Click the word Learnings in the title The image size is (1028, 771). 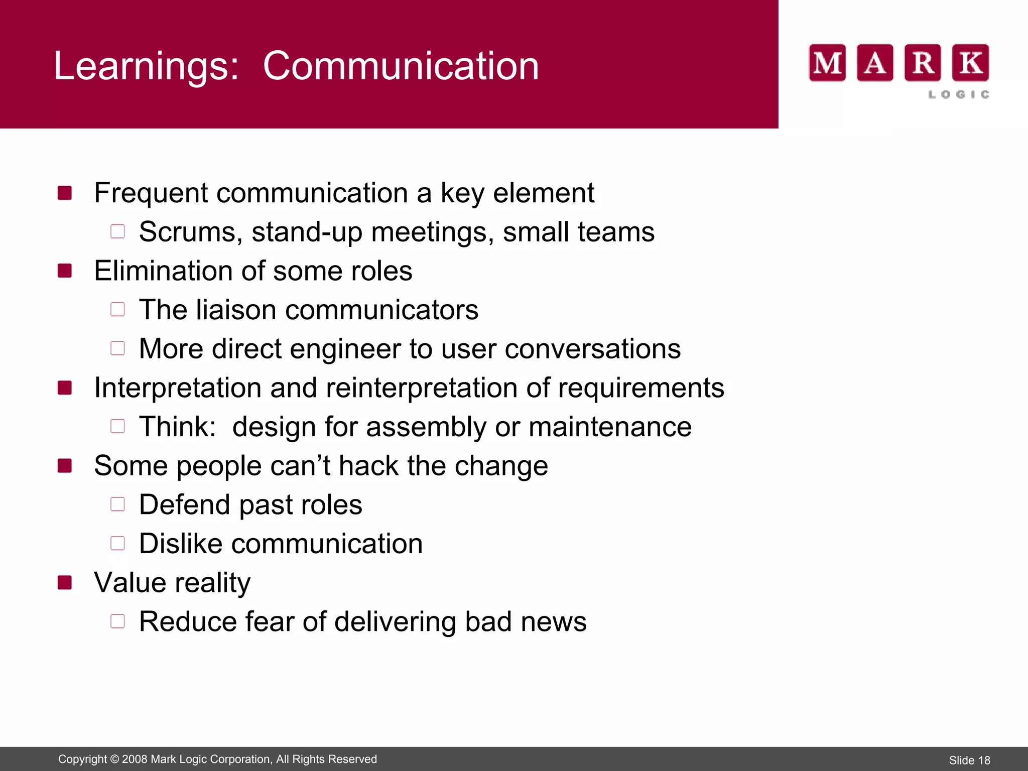[146, 66]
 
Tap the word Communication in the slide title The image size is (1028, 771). [401, 66]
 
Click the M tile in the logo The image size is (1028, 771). [827, 63]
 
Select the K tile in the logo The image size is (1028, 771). [970, 63]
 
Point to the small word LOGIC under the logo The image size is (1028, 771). [959, 94]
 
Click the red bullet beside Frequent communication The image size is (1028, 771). [65, 193]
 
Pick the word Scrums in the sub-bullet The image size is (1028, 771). [188, 232]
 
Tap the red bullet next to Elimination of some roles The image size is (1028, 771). [65, 271]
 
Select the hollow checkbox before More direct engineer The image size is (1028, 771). [117, 348]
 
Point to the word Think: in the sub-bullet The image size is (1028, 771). [178, 427]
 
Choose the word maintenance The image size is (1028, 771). [610, 427]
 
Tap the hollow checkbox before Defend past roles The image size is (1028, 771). [117, 504]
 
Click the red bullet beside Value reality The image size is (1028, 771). [65, 582]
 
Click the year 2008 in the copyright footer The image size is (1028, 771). [134, 759]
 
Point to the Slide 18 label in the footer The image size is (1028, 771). [969, 760]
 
